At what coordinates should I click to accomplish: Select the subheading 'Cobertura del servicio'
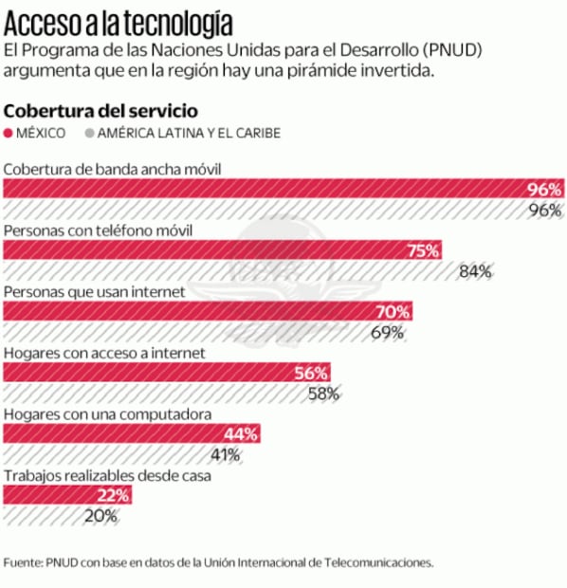pos(101,109)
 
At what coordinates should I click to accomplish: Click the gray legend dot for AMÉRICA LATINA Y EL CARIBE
pos(91,133)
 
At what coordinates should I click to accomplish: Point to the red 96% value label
pos(544,189)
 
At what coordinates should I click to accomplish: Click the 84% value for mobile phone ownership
pos(474,271)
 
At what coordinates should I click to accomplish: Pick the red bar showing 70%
pos(209,311)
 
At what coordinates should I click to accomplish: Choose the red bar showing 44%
pos(132,433)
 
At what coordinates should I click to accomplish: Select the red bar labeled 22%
pos(66,495)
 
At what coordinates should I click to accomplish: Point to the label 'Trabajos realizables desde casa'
pos(107,476)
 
